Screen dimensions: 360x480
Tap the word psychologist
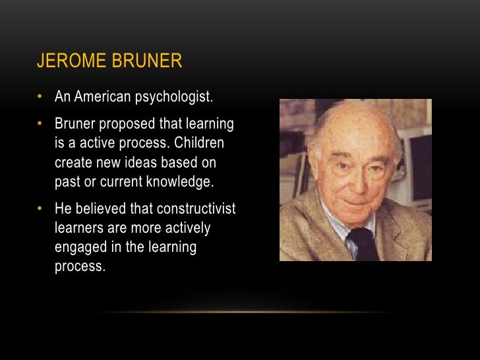click(173, 97)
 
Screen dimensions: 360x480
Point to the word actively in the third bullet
click(206, 228)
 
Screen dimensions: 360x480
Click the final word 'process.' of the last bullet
click(80, 266)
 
